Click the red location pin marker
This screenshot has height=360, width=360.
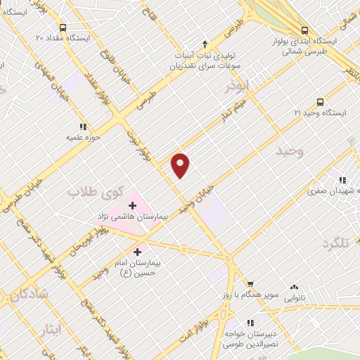[x=181, y=165]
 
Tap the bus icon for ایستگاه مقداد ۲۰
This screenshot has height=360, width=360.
[x=63, y=27]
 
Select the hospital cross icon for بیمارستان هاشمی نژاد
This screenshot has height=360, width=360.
[x=133, y=205]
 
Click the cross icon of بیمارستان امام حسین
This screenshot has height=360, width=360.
[x=137, y=251]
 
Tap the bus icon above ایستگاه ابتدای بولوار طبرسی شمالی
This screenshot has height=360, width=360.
[x=304, y=30]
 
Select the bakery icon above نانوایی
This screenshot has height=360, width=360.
[x=294, y=288]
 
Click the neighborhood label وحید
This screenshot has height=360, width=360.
[x=269, y=152]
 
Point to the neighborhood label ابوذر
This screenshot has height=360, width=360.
[x=237, y=88]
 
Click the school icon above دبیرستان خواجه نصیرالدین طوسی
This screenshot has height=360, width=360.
[x=235, y=324]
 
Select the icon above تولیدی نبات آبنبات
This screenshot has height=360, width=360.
[x=205, y=44]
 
